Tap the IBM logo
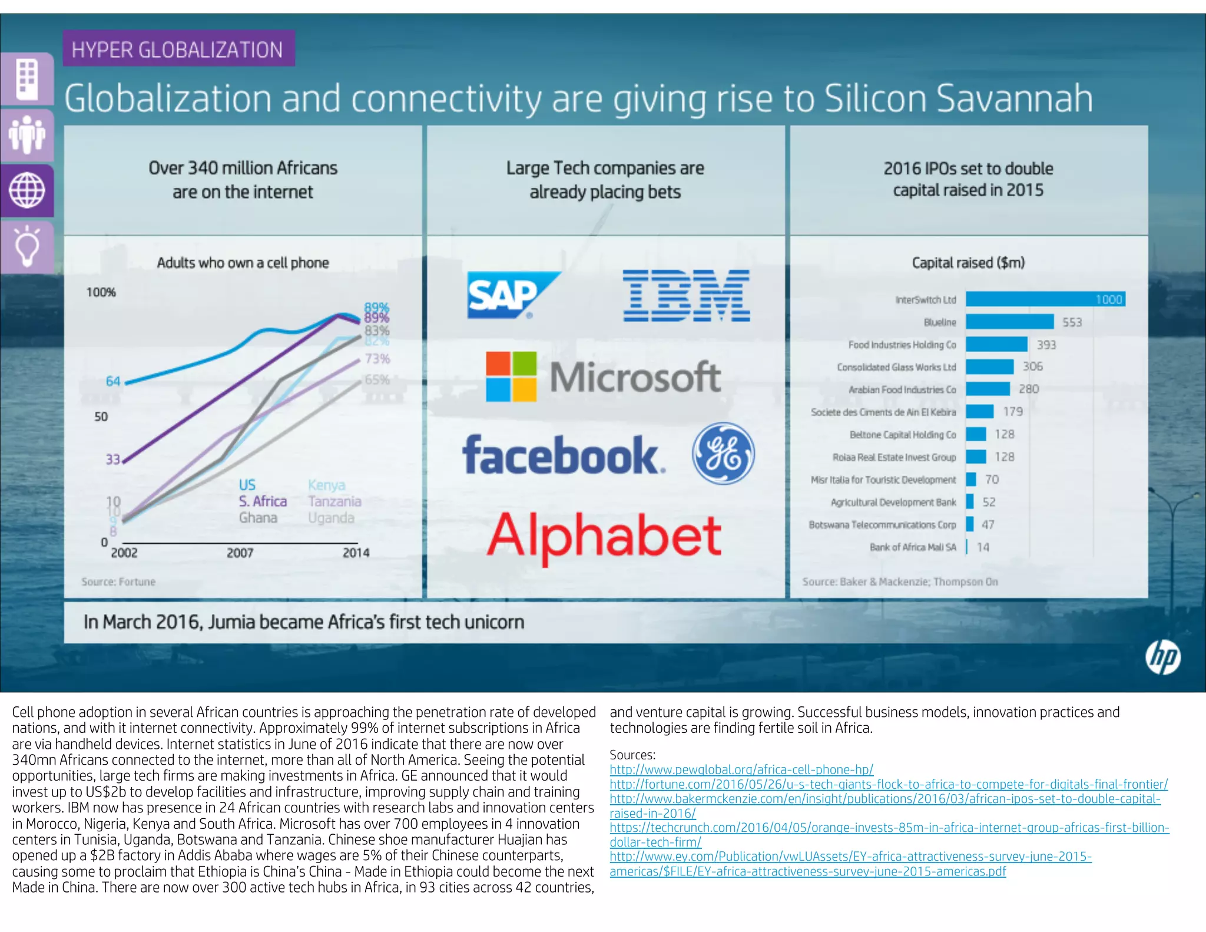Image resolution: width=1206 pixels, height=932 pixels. pos(686,295)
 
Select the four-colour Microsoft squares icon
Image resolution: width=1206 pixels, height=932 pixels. pos(511,376)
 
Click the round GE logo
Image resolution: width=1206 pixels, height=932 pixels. pos(723,453)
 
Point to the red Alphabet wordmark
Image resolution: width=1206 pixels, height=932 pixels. pos(604,536)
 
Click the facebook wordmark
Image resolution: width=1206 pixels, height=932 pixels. pos(562,455)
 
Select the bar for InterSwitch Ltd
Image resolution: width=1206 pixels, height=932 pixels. pos(1045,299)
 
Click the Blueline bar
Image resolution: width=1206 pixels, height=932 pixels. pos(1009,322)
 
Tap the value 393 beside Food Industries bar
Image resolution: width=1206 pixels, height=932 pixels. pos(1046,345)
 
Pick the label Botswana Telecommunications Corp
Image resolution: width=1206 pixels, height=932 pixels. pos(882,524)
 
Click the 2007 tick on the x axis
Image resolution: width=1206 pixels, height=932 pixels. pos(240,553)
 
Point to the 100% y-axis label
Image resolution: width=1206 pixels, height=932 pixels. pos(101,292)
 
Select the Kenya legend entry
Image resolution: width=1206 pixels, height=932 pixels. pos(326,485)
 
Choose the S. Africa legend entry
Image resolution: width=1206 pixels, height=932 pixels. pos(263,501)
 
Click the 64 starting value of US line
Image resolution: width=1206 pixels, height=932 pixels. pos(113,381)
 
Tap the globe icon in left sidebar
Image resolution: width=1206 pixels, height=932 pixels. pos(26,190)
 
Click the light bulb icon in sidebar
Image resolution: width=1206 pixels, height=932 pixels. pos(26,247)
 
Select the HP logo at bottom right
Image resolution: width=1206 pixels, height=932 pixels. pos(1163,657)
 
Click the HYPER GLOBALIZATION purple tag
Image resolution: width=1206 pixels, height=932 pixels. pos(178,49)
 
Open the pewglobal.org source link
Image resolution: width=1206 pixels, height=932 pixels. pos(741,769)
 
